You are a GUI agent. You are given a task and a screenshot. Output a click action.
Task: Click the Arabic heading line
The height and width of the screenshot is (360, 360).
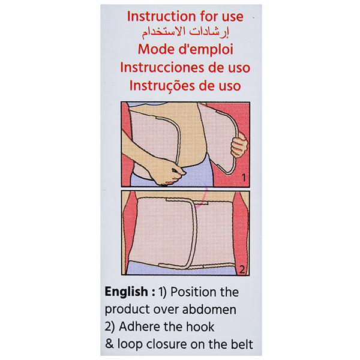185,32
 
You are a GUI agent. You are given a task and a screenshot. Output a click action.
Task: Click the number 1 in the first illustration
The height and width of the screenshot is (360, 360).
244,178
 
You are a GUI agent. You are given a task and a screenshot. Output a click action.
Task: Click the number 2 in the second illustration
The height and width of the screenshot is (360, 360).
242,269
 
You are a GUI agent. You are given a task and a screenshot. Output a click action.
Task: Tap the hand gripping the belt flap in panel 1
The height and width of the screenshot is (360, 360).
239,145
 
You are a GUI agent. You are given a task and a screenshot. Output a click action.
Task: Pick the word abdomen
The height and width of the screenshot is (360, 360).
209,309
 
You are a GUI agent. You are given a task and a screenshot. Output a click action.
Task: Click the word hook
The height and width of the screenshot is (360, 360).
200,326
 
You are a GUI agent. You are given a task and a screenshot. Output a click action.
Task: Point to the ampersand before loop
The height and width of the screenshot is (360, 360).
109,344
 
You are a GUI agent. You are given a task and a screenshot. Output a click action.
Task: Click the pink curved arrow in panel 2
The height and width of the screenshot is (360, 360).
203,200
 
